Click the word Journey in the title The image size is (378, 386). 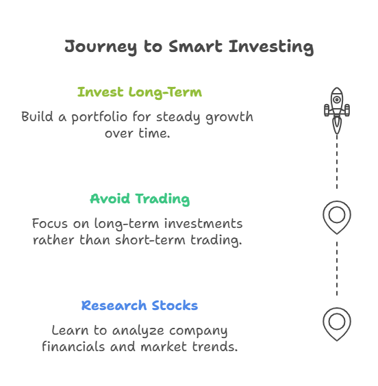[x=101, y=47]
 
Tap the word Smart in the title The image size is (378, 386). [x=195, y=46]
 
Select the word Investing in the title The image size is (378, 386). [x=271, y=47]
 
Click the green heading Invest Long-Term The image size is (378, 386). [x=140, y=92]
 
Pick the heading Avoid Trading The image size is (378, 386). [x=140, y=199]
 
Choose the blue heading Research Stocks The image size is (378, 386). [x=140, y=305]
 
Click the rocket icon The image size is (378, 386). [x=337, y=111]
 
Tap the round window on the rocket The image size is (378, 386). [x=337, y=100]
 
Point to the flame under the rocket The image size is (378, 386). [x=337, y=125]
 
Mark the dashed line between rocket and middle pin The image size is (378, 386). [x=337, y=162]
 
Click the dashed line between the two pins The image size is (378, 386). [x=337, y=268]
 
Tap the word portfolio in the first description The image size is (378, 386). [x=99, y=117]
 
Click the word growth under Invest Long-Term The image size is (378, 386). [x=229, y=117]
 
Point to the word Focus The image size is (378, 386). [x=50, y=224]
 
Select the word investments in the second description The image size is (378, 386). [x=203, y=224]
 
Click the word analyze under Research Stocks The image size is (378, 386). [x=138, y=331]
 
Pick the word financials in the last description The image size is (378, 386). [x=73, y=346]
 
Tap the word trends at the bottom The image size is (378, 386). [x=215, y=346]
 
